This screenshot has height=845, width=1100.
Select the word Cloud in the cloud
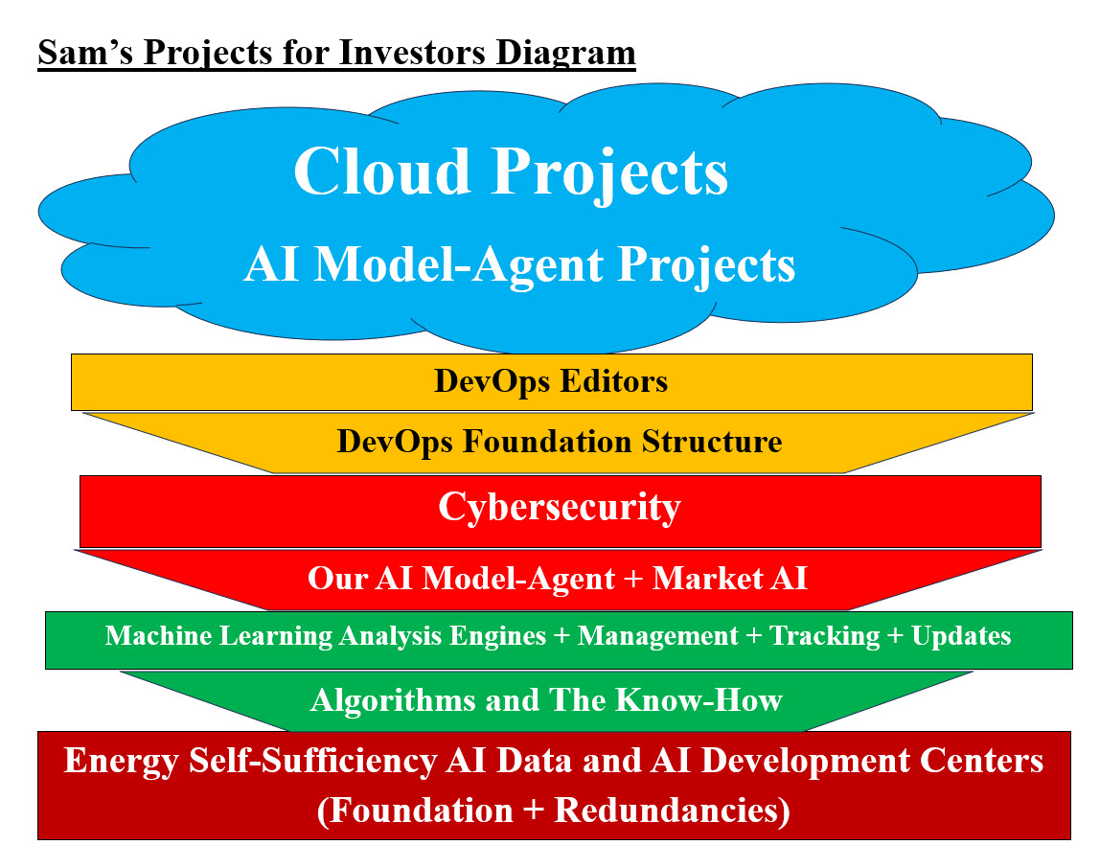(380, 172)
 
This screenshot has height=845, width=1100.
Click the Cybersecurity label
(559, 507)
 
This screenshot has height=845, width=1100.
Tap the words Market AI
(730, 579)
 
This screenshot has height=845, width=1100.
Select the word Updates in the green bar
(961, 636)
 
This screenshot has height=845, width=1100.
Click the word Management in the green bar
(658, 636)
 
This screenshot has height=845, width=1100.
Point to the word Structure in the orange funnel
(712, 442)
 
